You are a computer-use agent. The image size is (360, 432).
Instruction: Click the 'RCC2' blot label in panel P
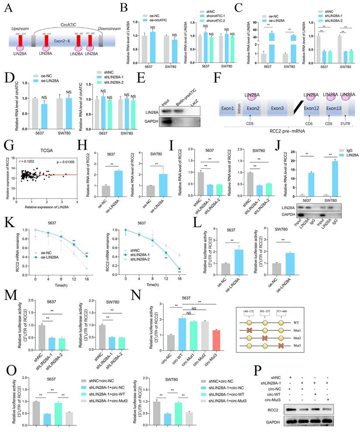point(273,410)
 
